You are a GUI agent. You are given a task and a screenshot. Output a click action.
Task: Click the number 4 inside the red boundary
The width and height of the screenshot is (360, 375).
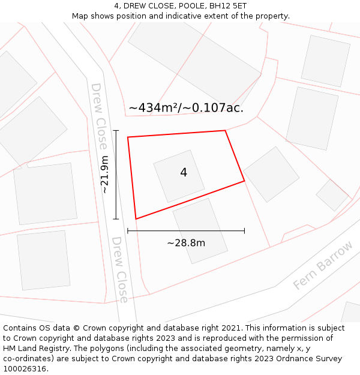click(x=184, y=173)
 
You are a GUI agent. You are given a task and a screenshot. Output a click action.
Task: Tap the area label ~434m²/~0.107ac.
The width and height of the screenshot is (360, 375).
click(x=186, y=108)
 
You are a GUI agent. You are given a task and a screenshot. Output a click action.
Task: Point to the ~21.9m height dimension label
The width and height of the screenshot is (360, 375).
click(x=105, y=175)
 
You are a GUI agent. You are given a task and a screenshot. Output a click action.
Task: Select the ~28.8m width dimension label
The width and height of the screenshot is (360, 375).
click(x=186, y=243)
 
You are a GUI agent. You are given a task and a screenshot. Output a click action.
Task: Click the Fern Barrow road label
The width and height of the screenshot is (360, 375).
click(x=323, y=265)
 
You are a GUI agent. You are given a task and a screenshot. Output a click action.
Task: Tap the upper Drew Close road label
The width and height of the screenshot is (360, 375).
click(x=100, y=116)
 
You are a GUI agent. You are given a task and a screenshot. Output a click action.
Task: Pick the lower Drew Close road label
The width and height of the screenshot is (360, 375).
click(x=120, y=269)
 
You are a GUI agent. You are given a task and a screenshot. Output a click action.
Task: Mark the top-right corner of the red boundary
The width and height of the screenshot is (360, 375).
click(x=225, y=130)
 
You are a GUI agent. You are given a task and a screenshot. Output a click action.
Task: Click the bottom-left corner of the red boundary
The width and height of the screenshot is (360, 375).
click(x=136, y=219)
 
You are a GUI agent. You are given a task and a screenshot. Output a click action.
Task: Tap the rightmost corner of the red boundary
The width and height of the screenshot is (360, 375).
click(x=244, y=181)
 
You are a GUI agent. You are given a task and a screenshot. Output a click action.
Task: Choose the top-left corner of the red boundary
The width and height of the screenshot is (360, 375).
click(x=128, y=137)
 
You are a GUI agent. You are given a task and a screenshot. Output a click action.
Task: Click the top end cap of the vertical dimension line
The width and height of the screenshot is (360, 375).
click(x=116, y=130)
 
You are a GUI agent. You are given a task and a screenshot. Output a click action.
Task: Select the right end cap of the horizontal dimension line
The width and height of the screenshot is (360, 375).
click(x=244, y=230)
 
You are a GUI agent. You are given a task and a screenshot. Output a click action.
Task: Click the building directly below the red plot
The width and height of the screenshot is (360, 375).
click(x=200, y=231)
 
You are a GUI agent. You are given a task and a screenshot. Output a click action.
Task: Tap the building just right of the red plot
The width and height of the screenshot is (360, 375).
click(x=271, y=174)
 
